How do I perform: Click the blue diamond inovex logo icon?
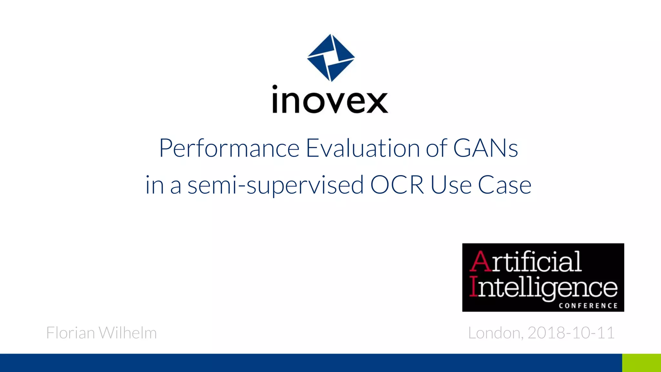[x=331, y=57]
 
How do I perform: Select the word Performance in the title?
[x=229, y=148]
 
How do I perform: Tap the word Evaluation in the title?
[x=362, y=148]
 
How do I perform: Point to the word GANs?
[x=485, y=148]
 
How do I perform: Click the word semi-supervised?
[x=276, y=185]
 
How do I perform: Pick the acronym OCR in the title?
[x=397, y=185]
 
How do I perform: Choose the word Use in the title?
[x=451, y=185]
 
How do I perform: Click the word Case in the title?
[x=504, y=185]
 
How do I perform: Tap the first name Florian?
[x=70, y=333]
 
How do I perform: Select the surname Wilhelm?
[x=128, y=333]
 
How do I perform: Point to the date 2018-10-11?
[x=571, y=333]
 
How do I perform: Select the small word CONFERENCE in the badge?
[x=588, y=306]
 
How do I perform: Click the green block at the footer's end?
[x=641, y=363]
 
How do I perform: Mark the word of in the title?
[x=436, y=148]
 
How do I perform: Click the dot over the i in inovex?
[x=275, y=87]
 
